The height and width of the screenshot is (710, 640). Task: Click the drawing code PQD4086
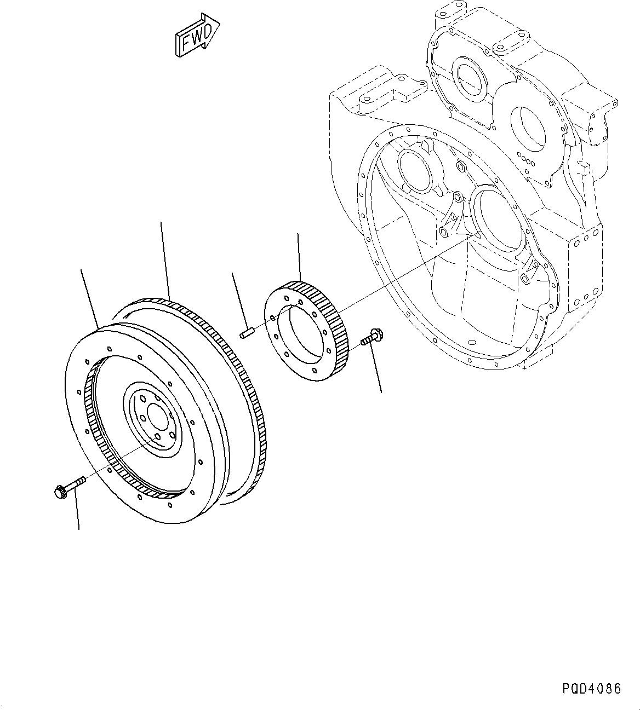click(x=591, y=688)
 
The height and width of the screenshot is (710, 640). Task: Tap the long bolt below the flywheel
click(x=70, y=486)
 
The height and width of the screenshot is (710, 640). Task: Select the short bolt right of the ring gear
click(x=372, y=337)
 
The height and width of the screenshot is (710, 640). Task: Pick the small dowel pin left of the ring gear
click(x=247, y=332)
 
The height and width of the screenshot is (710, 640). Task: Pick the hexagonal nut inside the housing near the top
click(x=460, y=164)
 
